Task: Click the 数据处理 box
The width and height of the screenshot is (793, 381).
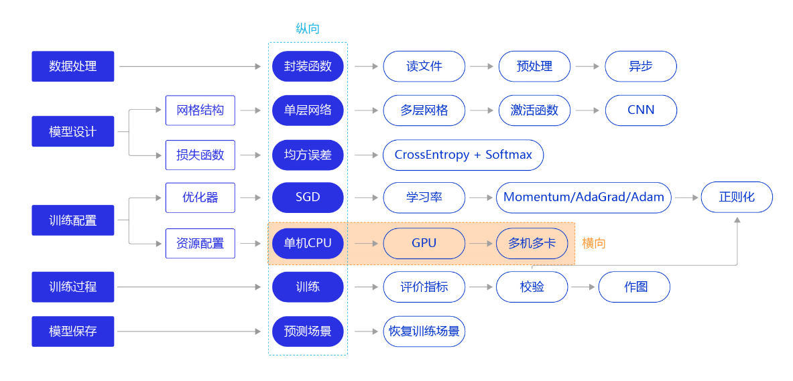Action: (x=73, y=66)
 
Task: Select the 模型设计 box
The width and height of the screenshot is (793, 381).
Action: (x=73, y=131)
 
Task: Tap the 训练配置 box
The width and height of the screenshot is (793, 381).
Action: (x=73, y=220)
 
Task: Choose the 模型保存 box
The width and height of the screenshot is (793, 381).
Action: (x=73, y=331)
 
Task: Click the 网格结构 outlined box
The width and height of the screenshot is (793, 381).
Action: (x=200, y=110)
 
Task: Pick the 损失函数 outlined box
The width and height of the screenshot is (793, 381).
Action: (x=200, y=155)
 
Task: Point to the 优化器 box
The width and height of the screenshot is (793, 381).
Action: (x=200, y=198)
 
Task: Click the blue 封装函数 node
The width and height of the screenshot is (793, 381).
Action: (x=308, y=66)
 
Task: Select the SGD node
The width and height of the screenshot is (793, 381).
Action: (x=308, y=198)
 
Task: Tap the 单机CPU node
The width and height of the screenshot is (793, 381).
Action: (x=308, y=244)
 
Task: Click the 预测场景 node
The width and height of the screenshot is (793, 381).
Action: (x=308, y=331)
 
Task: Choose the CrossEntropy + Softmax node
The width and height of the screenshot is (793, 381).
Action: (x=463, y=155)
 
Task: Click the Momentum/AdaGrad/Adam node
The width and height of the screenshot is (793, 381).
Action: (x=584, y=198)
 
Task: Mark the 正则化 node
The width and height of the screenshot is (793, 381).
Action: (x=737, y=198)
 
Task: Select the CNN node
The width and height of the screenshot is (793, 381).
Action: (x=641, y=110)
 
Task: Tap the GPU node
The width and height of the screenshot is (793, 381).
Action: (x=424, y=244)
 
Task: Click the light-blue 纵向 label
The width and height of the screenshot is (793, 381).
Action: (x=308, y=29)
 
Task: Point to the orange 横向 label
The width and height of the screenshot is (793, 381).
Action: (x=594, y=244)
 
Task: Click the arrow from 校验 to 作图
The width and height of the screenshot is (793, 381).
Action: (x=583, y=287)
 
